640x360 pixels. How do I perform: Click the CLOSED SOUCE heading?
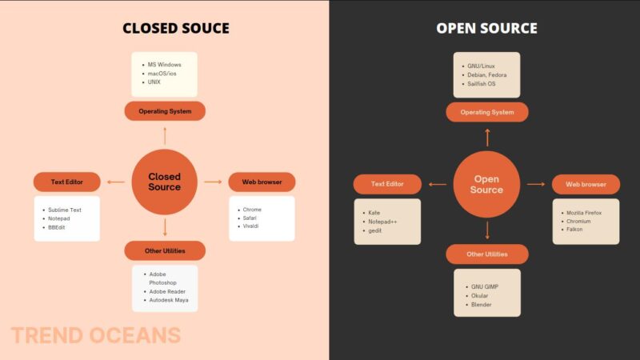(x=176, y=29)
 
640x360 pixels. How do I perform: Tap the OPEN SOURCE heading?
(x=486, y=29)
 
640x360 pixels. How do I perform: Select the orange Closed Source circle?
(x=164, y=182)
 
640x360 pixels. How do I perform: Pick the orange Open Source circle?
(x=486, y=184)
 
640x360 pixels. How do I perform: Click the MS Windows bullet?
(x=163, y=63)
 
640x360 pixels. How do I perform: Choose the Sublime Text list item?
(x=65, y=210)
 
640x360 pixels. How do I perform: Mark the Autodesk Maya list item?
(x=169, y=300)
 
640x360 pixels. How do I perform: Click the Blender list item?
(x=481, y=304)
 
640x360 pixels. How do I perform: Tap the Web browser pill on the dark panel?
(x=586, y=185)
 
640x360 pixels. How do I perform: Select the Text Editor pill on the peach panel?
(x=67, y=182)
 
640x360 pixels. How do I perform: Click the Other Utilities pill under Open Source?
(x=486, y=254)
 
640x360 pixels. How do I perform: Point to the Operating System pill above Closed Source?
(x=165, y=111)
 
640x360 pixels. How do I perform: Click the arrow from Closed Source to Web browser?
(x=213, y=182)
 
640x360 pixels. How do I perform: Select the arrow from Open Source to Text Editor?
(x=438, y=185)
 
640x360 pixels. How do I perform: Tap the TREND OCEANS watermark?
(x=96, y=335)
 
